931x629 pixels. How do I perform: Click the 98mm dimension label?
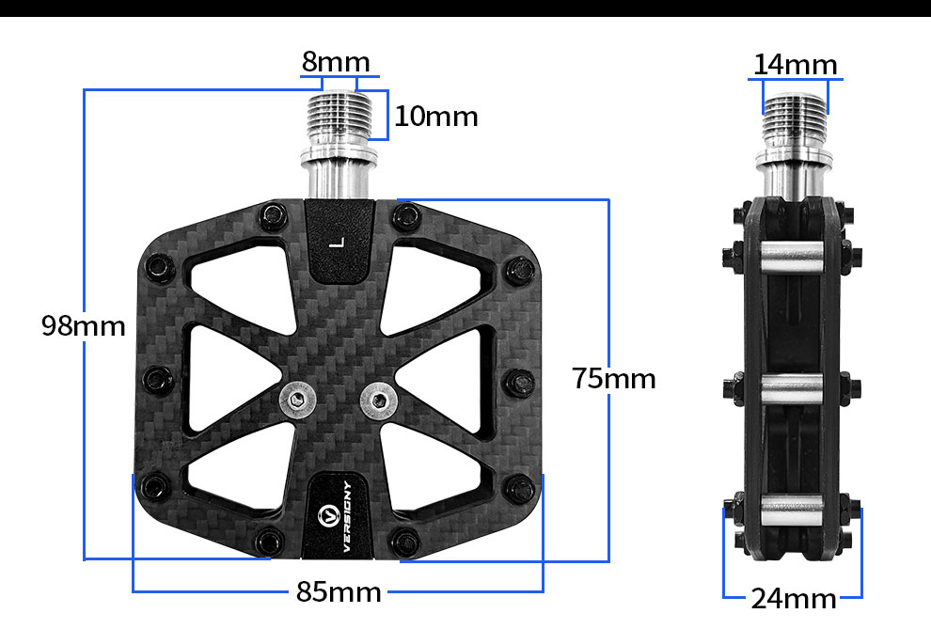[83, 326]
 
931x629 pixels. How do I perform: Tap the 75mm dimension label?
[614, 379]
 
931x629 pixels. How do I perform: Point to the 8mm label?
[336, 62]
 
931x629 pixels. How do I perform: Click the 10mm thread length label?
[435, 117]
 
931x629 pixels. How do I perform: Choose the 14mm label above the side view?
[795, 65]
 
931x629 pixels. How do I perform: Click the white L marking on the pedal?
[339, 243]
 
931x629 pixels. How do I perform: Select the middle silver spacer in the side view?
[792, 385]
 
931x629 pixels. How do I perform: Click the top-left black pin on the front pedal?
[275, 217]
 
